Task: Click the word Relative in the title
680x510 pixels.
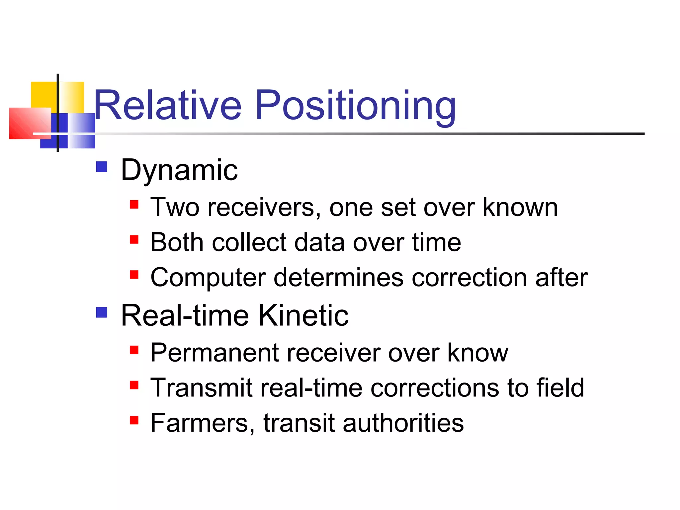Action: point(168,106)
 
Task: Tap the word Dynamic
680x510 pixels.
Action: point(179,170)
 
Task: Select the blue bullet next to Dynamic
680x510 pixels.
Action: point(102,167)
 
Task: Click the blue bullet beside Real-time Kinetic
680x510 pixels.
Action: point(102,312)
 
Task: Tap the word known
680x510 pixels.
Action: point(520,208)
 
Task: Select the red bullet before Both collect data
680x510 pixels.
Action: point(134,239)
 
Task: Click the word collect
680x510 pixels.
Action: point(249,242)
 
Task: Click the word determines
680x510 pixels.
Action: point(338,278)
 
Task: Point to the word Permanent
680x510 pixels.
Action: point(214,353)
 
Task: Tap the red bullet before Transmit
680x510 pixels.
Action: point(134,385)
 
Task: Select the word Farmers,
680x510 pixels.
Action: point(203,423)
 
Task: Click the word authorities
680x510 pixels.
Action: point(403,423)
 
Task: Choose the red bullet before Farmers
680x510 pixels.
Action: point(134,420)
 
